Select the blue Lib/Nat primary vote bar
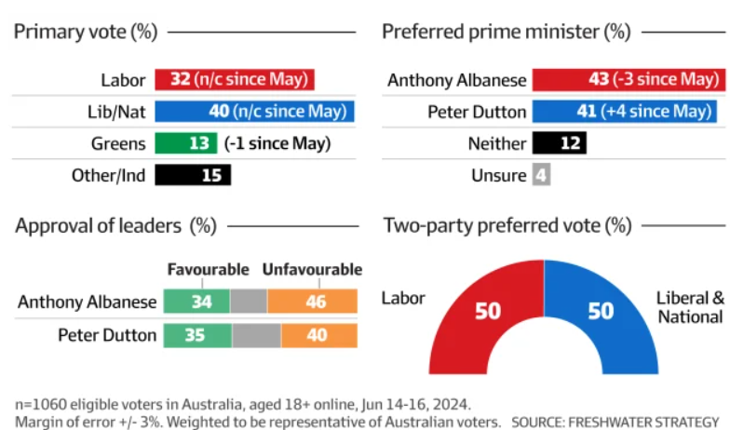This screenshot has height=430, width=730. [x=254, y=112]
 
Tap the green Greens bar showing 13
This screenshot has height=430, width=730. [x=186, y=143]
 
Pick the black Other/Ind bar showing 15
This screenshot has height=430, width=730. [x=192, y=175]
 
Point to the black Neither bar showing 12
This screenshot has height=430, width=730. [x=561, y=143]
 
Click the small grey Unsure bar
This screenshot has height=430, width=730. [x=542, y=175]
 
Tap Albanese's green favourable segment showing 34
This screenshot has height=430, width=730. [x=196, y=302]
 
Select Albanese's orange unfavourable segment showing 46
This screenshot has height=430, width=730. [x=312, y=302]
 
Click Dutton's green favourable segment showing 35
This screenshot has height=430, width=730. [x=197, y=334]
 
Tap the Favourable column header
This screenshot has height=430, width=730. [x=208, y=270]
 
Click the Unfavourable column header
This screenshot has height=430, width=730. [x=312, y=270]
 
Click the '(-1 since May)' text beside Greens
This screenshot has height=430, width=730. [x=277, y=143]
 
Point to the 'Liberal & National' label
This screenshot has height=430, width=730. [x=689, y=307]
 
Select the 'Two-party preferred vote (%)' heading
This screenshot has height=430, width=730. [x=507, y=225]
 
